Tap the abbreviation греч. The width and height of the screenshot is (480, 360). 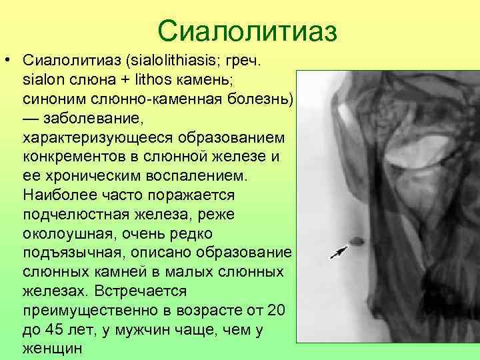[x=247, y=62]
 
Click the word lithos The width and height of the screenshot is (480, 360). [x=137, y=81]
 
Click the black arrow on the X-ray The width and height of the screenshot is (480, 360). [x=340, y=251]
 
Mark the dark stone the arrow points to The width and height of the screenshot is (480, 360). [x=357, y=241]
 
